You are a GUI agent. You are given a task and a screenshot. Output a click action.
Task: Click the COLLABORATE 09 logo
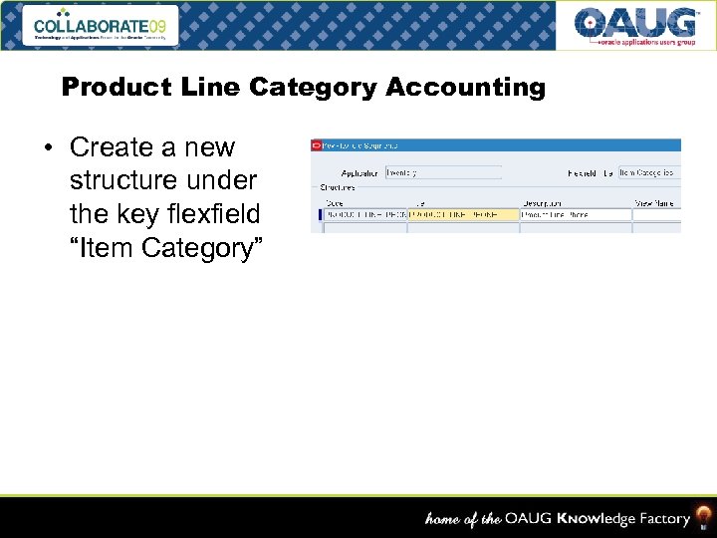click(x=104, y=25)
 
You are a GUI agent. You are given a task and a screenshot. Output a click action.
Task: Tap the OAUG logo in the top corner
click(x=634, y=25)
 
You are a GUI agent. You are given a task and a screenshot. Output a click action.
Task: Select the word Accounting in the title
click(x=466, y=88)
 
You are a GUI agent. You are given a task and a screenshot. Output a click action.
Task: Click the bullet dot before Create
click(x=47, y=148)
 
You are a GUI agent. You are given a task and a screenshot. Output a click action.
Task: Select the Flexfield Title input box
click(x=649, y=172)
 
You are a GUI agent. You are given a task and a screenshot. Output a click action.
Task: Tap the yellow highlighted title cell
click(x=464, y=214)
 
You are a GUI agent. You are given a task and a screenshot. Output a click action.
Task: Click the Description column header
click(x=542, y=203)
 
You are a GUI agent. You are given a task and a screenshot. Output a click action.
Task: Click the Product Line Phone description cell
click(x=576, y=214)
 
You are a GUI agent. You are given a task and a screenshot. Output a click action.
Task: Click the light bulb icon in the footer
click(x=703, y=517)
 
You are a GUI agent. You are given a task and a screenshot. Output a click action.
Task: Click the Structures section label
click(x=336, y=186)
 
